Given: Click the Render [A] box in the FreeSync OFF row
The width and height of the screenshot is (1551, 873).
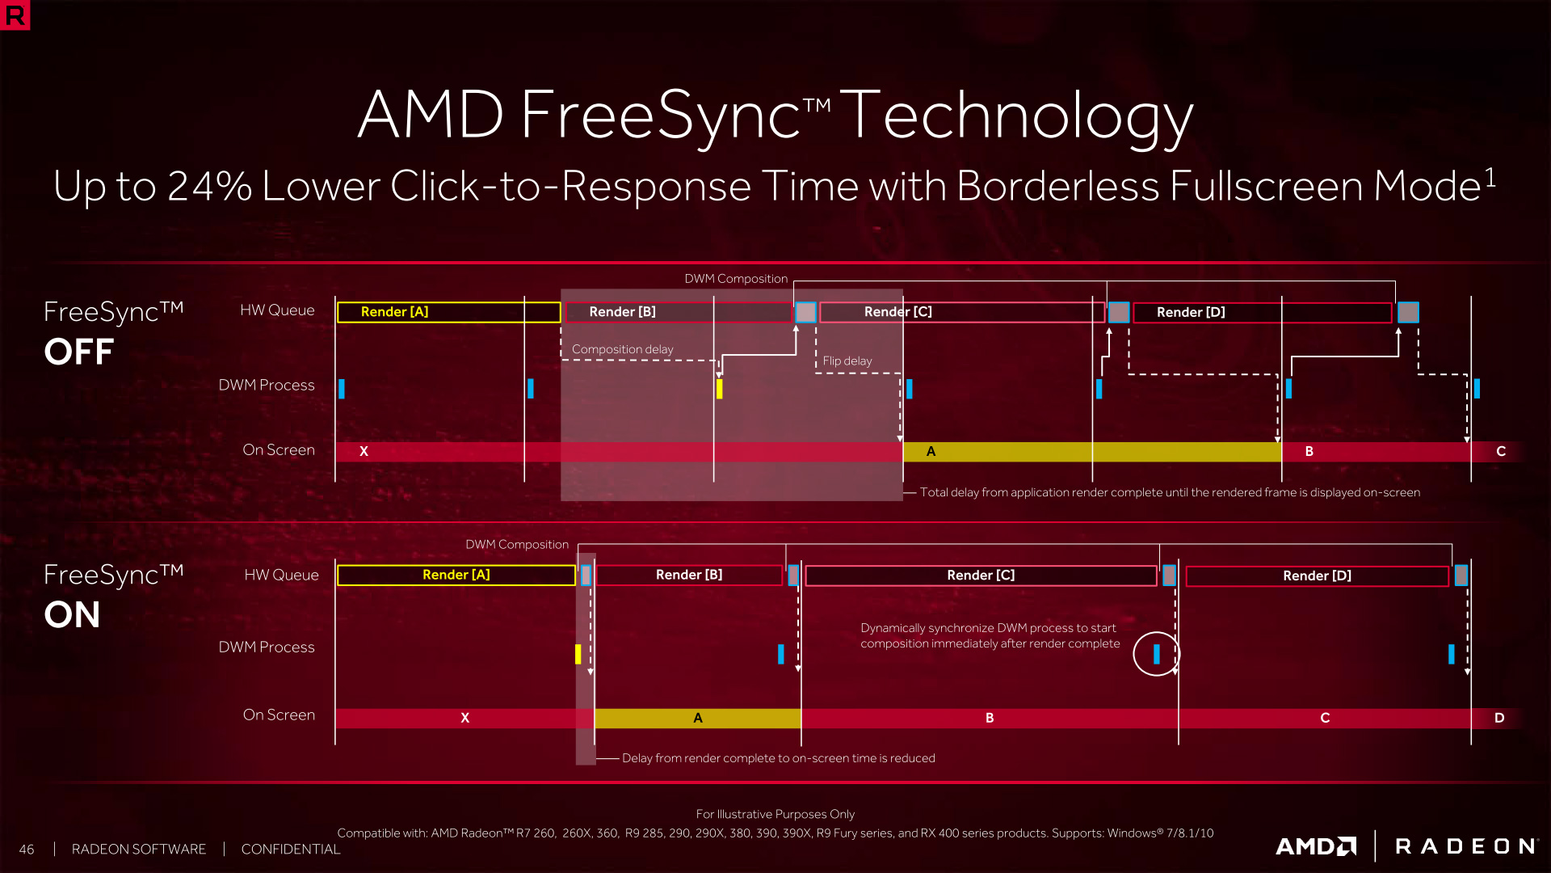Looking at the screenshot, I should click(x=448, y=312).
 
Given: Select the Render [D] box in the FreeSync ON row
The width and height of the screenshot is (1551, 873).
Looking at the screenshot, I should click(x=1317, y=576).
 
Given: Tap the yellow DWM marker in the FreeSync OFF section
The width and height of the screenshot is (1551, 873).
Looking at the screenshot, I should click(x=719, y=389).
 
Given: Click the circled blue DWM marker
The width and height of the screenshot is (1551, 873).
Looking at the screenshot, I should click(x=1157, y=654).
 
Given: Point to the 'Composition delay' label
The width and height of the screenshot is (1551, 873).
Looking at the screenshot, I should click(x=622, y=349).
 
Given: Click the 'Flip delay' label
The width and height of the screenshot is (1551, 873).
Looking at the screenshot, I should click(x=847, y=361).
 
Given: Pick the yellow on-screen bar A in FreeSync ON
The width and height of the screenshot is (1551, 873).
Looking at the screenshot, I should click(x=697, y=718).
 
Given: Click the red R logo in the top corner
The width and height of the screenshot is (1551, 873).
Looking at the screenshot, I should click(x=15, y=15).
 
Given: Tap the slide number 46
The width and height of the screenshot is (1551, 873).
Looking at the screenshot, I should click(x=27, y=850).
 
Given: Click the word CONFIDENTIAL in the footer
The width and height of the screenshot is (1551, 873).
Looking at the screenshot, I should click(x=291, y=850).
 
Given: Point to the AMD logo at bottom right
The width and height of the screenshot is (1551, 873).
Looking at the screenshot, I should click(x=1316, y=846).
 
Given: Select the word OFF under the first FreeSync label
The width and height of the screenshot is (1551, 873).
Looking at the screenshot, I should click(x=79, y=352).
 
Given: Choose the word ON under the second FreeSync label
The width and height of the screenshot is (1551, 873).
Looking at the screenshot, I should click(x=72, y=615).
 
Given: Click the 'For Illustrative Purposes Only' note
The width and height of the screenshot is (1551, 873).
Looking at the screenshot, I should click(x=775, y=814).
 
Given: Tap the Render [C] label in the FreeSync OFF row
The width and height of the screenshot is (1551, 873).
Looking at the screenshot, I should click(x=897, y=312).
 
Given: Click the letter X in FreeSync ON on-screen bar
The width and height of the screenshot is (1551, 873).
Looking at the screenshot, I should click(x=464, y=718).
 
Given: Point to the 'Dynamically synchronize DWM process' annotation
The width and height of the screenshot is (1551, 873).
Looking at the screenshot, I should click(x=990, y=636).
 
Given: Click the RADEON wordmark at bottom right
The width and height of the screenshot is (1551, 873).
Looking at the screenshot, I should click(x=1465, y=846).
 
